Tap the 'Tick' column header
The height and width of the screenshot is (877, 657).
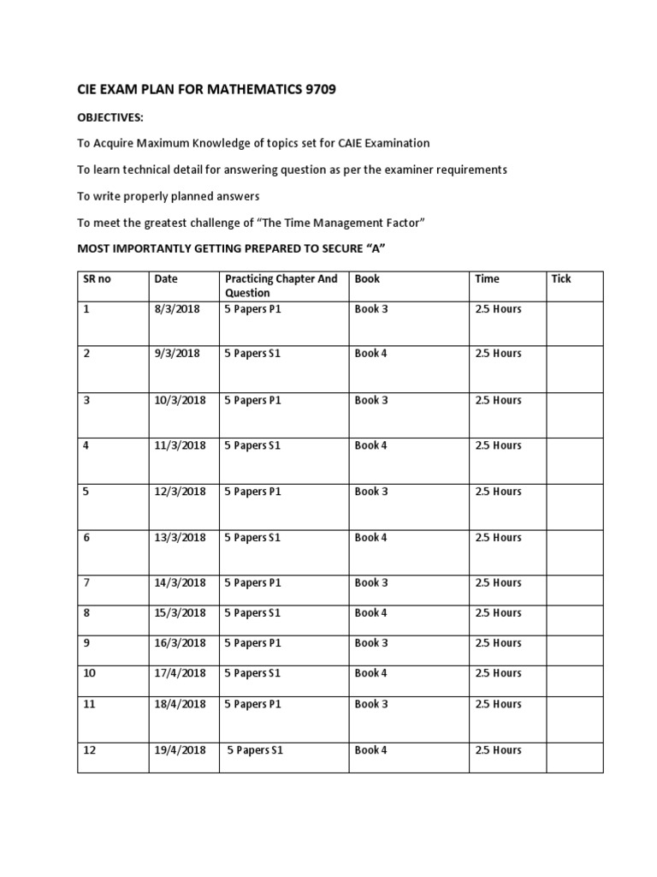[561, 279]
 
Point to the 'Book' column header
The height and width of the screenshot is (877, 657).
[367, 279]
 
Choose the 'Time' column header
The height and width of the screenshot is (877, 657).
[487, 279]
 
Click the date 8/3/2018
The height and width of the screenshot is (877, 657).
[176, 309]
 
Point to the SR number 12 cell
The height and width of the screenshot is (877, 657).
[90, 750]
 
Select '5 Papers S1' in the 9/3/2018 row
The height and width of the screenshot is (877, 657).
[252, 354]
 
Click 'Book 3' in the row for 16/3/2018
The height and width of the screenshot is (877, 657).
[371, 643]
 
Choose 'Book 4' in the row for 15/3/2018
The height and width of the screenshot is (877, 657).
[371, 613]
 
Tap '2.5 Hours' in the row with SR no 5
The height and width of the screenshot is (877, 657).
[498, 492]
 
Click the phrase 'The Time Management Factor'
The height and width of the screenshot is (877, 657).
[337, 224]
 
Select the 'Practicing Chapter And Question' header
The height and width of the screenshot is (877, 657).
[281, 286]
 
